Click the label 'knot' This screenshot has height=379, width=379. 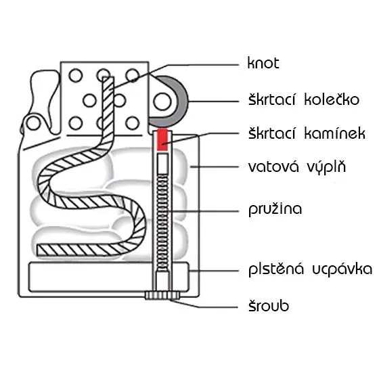pyautogui.click(x=263, y=63)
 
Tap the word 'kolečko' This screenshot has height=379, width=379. pyautogui.click(x=332, y=99)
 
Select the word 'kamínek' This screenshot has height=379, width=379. pyautogui.click(x=335, y=133)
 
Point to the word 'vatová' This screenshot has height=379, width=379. pyautogui.click(x=273, y=166)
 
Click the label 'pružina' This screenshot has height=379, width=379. pyautogui.click(x=275, y=209)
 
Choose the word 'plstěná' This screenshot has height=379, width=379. pyautogui.click(x=276, y=269)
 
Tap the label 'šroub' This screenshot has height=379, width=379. pyautogui.click(x=269, y=305)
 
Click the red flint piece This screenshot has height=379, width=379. pyautogui.click(x=162, y=139)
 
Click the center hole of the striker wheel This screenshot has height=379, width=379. pyautogui.click(x=162, y=102)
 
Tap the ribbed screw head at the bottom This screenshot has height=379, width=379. pyautogui.click(x=162, y=295)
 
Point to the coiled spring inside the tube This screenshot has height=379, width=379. pyautogui.click(x=162, y=223)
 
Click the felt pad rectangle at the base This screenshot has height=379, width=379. pyautogui.click(x=108, y=277)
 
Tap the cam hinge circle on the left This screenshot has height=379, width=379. pyautogui.click(x=33, y=123)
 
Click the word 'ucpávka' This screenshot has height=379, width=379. pyautogui.click(x=342, y=269)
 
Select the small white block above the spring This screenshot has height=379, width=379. pyautogui.click(x=162, y=163)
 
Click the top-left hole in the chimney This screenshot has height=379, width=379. pyautogui.click(x=76, y=75)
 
